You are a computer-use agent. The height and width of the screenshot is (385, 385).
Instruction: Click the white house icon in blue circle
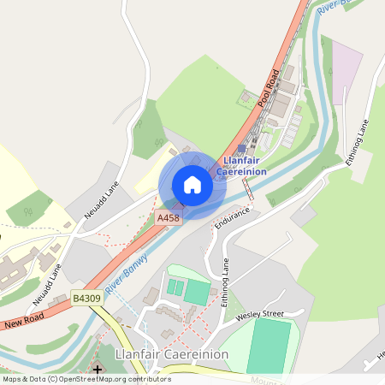[x=192, y=185]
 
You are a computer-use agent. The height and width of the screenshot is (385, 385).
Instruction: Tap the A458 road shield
[x=169, y=220]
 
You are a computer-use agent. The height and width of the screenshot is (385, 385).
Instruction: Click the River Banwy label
[x=122, y=271]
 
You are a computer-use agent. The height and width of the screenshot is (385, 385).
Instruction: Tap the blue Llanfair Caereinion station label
[x=244, y=165]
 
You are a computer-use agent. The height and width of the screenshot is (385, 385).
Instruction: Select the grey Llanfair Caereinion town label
[x=171, y=354]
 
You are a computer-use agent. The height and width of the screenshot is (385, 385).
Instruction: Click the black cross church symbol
[x=98, y=370]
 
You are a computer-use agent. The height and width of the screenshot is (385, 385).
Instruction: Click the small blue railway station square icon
[x=242, y=148]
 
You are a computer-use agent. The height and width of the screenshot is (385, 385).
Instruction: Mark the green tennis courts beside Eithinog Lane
[x=187, y=289]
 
